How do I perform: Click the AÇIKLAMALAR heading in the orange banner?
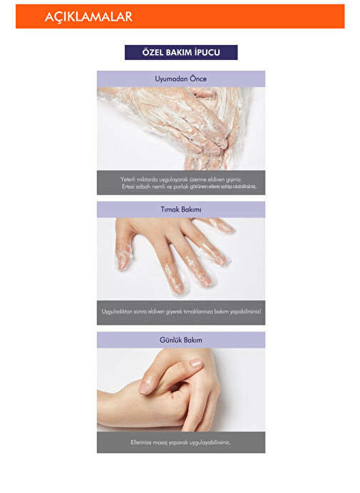coord(88,16)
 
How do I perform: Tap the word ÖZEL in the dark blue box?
coord(153,52)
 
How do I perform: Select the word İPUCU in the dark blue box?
coord(207,52)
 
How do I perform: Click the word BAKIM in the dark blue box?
coord(178,52)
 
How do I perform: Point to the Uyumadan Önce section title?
coord(180,78)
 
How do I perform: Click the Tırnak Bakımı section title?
coord(181,209)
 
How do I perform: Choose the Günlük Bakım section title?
coord(181,340)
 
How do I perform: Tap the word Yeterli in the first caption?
coord(128,180)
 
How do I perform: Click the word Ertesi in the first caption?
coord(128,187)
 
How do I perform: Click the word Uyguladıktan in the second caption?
coord(117,311)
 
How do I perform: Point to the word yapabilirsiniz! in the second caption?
coord(245,311)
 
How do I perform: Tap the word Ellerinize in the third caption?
coord(141,442)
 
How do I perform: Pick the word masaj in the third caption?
coord(160,442)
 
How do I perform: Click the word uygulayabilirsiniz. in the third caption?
coord(210,442)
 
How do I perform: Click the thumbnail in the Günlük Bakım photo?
coord(196,363)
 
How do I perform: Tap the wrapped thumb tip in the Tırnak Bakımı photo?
coord(123,260)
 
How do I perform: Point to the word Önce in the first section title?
coord(198,78)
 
